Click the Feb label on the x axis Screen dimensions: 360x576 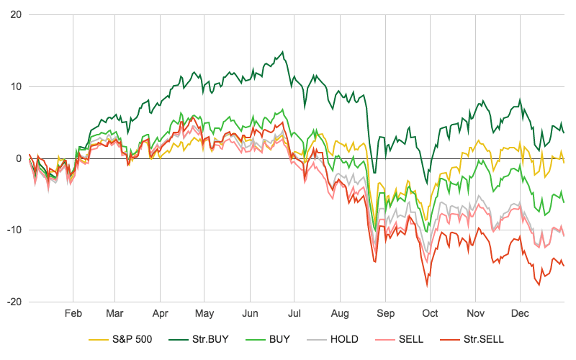(x=73, y=314)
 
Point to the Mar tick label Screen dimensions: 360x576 (x=115, y=314)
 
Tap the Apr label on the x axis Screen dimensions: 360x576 (x=160, y=314)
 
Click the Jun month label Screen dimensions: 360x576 (x=250, y=314)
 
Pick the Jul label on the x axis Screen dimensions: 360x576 (x=294, y=314)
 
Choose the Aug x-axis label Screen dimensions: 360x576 (x=340, y=314)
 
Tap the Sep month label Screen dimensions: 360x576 (x=385, y=314)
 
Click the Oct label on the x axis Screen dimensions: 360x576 (x=430, y=314)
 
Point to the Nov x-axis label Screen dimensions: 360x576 (x=475, y=314)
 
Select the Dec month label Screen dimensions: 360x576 (x=520, y=314)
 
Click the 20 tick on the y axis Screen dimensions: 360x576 (x=15, y=15)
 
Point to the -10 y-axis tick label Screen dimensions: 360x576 (x=13, y=230)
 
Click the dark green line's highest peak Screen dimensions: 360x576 (x=283, y=52)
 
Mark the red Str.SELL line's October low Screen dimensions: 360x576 (x=428, y=286)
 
